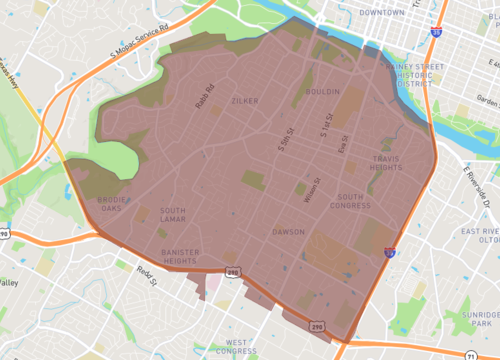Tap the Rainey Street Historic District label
[414, 75]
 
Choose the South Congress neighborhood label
[354, 202]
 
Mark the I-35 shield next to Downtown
[434, 32]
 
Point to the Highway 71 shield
[470, 355]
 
